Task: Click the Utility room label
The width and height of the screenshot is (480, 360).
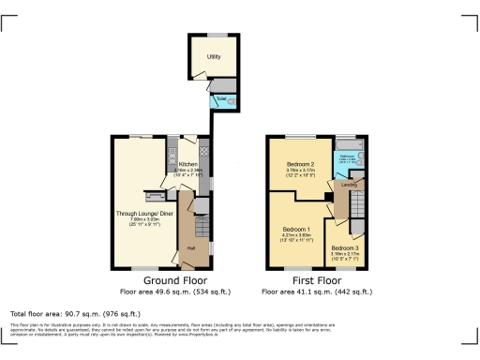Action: pos(214,57)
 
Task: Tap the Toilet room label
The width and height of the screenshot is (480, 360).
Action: pos(221,98)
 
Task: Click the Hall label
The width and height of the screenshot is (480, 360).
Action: pos(191,247)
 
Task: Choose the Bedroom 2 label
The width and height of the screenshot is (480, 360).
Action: pos(301,165)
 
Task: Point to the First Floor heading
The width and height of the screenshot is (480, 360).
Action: pos(317,279)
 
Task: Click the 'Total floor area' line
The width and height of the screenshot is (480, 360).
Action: pos(75,313)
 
